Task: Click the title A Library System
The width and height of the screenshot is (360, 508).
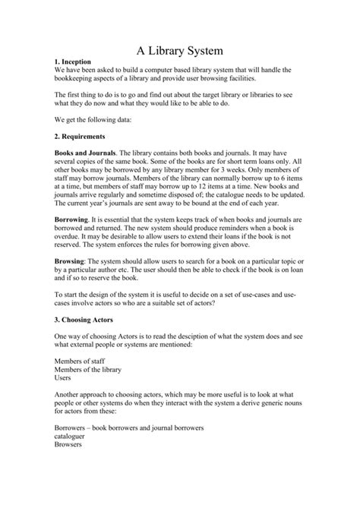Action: click(x=179, y=51)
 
